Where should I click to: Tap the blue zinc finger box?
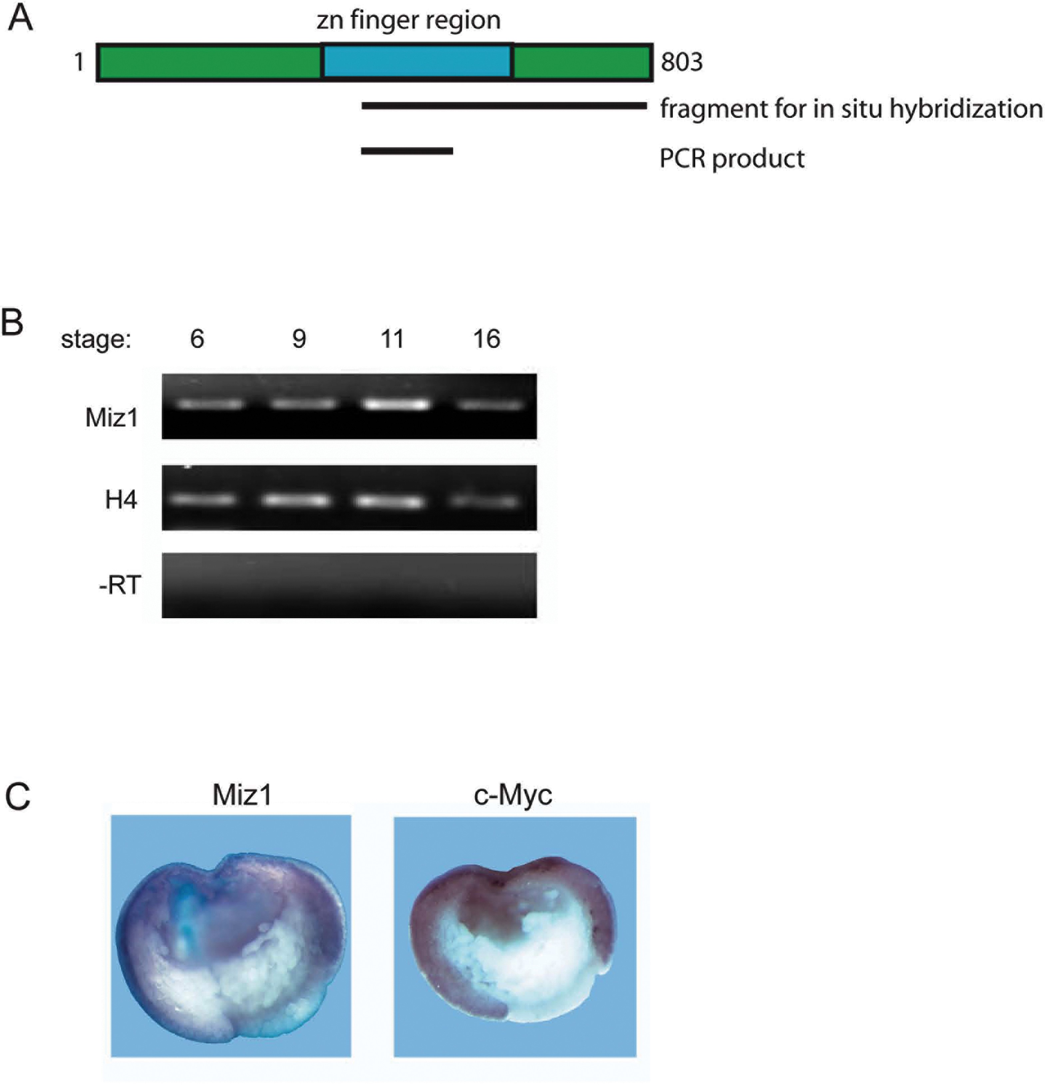pyautogui.click(x=417, y=62)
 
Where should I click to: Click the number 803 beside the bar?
pyautogui.click(x=681, y=62)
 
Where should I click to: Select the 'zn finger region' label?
pyautogui.click(x=409, y=21)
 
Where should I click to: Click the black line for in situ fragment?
pyautogui.click(x=504, y=105)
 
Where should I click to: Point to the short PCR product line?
pyautogui.click(x=407, y=151)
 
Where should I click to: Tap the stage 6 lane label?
pyautogui.click(x=197, y=339)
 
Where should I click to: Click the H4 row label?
pyautogui.click(x=121, y=500)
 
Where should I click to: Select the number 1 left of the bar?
pyautogui.click(x=79, y=62)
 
